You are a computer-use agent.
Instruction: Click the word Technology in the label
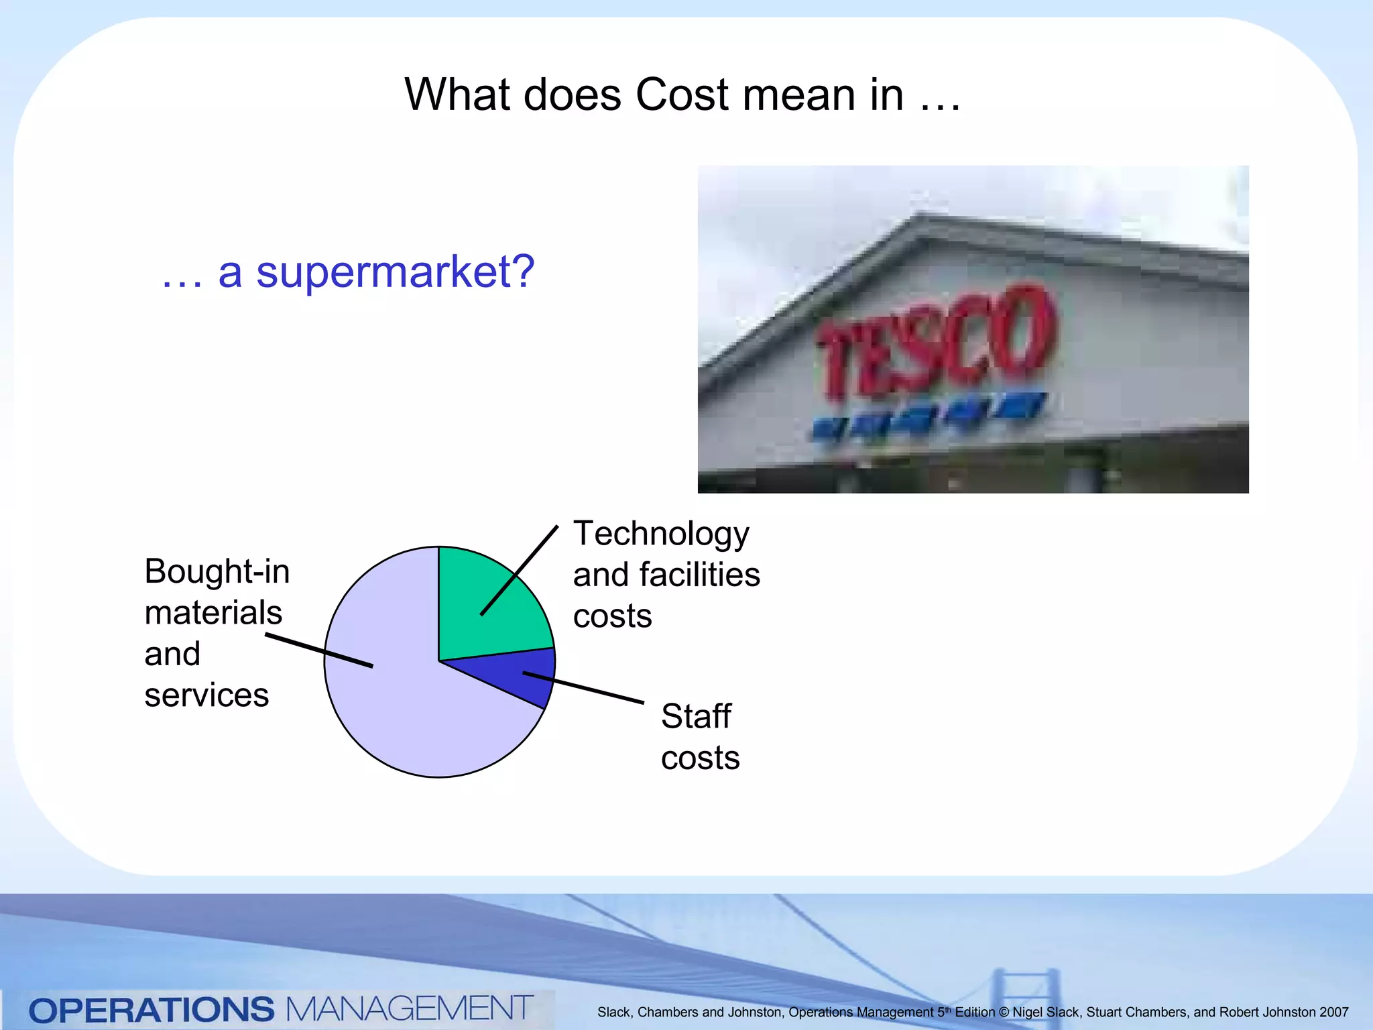(x=661, y=534)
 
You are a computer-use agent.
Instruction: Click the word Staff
(x=695, y=716)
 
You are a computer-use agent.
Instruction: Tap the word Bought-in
(x=217, y=571)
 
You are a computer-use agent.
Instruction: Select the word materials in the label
(x=213, y=613)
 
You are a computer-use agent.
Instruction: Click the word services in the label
(x=206, y=695)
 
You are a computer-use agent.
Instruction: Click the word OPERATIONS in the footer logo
(x=152, y=1010)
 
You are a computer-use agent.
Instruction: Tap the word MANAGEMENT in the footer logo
(x=409, y=1009)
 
